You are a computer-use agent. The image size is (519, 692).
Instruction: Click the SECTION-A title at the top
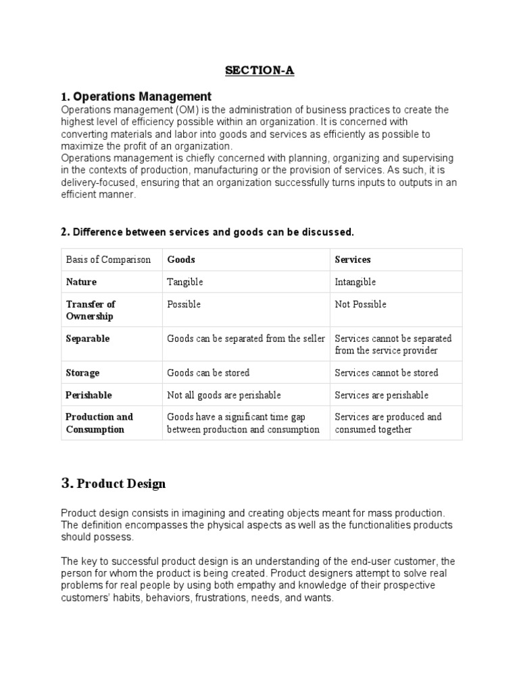tap(260, 70)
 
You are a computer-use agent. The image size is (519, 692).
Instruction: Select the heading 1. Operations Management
tap(136, 96)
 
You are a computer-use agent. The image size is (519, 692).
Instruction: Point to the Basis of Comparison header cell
tap(108, 259)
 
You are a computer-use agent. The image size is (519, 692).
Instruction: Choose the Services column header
tap(353, 259)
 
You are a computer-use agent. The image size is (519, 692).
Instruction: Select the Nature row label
tap(81, 282)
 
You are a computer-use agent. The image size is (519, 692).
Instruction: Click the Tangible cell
tap(184, 282)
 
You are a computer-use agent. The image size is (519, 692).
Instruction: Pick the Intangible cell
tap(355, 282)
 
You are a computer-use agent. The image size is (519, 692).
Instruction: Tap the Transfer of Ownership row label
tap(90, 310)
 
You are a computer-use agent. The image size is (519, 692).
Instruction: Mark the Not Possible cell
tap(361, 304)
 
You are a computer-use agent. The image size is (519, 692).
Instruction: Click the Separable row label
tap(87, 338)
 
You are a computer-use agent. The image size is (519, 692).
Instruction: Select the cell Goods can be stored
tap(208, 372)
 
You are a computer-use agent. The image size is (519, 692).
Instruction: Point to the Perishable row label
tap(89, 395)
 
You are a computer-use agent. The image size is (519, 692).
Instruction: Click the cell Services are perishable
tap(382, 395)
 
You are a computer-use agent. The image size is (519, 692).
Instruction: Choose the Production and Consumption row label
tap(99, 423)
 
